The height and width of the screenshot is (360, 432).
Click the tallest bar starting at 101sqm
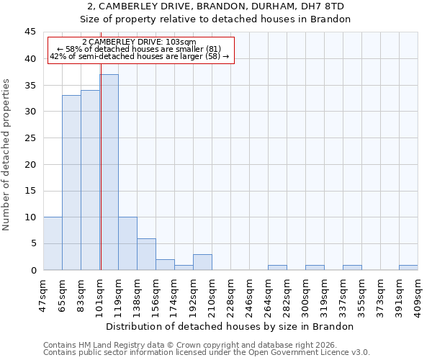click(109, 172)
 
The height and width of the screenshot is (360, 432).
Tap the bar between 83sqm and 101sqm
click(90, 180)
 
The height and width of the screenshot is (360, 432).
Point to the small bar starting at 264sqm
click(277, 267)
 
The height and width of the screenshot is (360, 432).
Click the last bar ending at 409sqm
click(408, 267)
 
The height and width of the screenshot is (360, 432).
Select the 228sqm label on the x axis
click(230, 294)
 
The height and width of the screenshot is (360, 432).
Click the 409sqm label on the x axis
click(418, 294)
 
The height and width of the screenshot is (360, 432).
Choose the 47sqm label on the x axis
click(43, 294)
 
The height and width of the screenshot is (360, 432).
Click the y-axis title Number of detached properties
click(7, 155)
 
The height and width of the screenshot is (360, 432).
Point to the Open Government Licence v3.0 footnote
click(207, 353)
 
